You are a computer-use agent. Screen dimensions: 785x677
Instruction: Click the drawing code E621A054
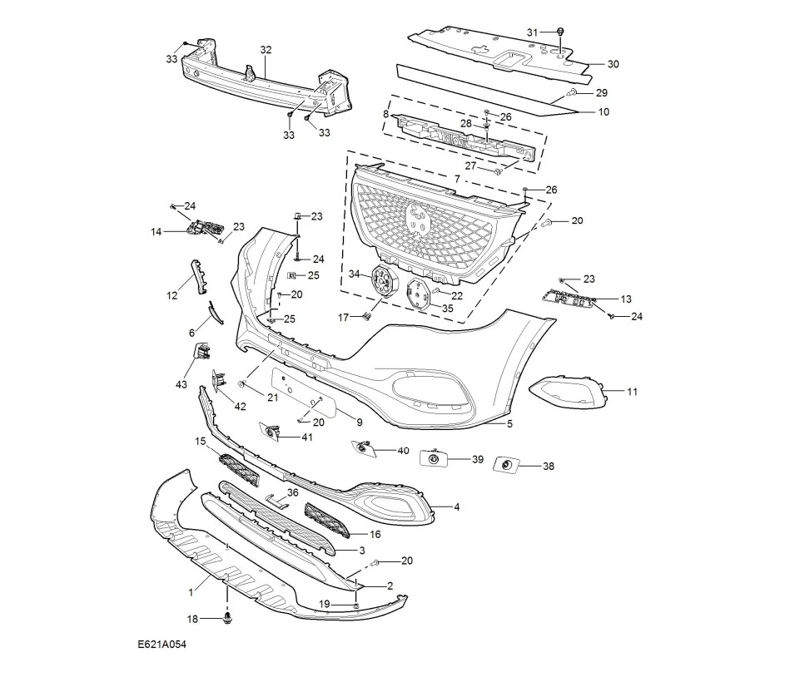pyautogui.click(x=161, y=645)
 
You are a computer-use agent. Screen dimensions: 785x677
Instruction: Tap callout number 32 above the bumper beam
pyautogui.click(x=266, y=50)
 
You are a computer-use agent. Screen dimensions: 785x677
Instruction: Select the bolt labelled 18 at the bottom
pyautogui.click(x=228, y=618)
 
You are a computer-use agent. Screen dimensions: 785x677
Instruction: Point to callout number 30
pyautogui.click(x=614, y=64)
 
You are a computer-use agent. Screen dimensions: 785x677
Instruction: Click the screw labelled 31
pyautogui.click(x=561, y=32)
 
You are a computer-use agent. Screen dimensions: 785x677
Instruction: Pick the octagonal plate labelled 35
pyautogui.click(x=418, y=294)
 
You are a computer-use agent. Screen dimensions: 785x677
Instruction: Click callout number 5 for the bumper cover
pyautogui.click(x=509, y=424)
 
